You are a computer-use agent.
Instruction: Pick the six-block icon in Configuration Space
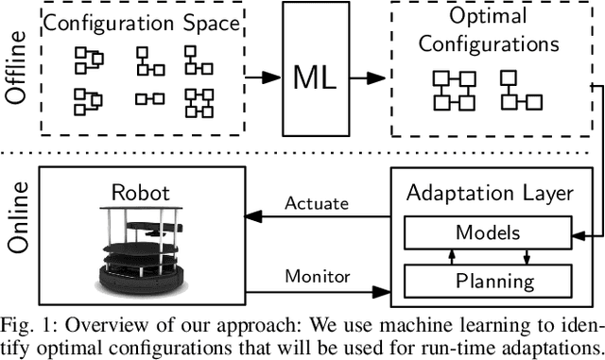[199, 100]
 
